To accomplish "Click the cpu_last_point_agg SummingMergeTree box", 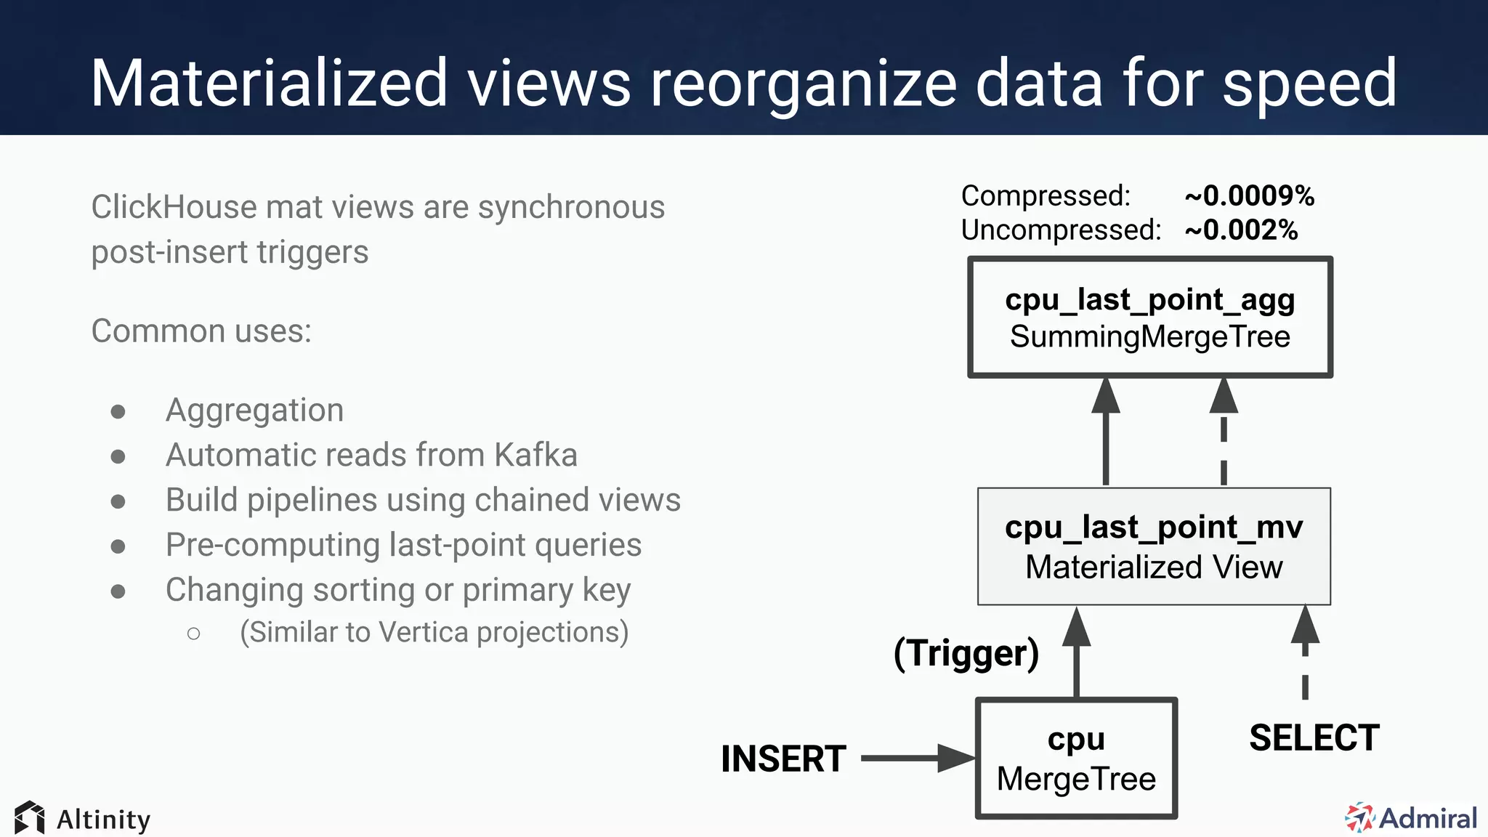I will [x=1149, y=318].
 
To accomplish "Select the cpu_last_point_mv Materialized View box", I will [x=1154, y=546].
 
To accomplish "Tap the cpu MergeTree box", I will [x=1076, y=759].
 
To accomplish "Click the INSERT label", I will [x=783, y=759].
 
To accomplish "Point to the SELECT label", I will [x=1314, y=737].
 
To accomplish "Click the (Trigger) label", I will [x=966, y=652].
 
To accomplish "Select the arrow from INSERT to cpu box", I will [x=917, y=758].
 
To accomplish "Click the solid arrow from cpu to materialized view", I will [x=1076, y=654].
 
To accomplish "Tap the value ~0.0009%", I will [x=1249, y=195].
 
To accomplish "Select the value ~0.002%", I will [x=1241, y=230].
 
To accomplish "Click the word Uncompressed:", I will [x=1061, y=230].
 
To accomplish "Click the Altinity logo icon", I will [x=29, y=818].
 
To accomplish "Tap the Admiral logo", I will [x=1410, y=818].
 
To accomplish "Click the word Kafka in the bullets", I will [x=535, y=456].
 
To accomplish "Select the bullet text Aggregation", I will [x=254, y=411].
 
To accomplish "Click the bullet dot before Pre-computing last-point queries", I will [x=118, y=546].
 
